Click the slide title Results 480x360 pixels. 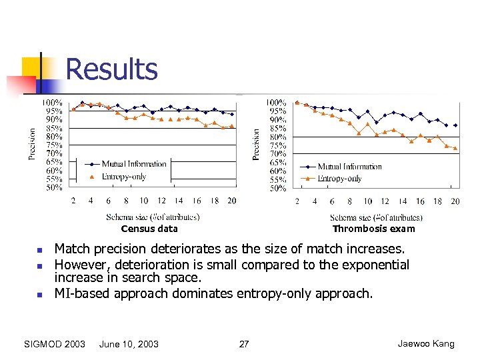[x=112, y=69]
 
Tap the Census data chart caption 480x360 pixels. [x=149, y=229]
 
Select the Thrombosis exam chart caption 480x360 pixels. [x=373, y=229]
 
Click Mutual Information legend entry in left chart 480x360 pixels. [x=133, y=164]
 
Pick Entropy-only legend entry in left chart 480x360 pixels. [x=123, y=177]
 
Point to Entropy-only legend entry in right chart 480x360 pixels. [x=339, y=179]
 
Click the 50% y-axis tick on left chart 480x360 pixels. [x=54, y=187]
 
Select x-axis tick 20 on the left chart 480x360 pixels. [x=231, y=201]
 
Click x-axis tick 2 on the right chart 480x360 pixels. [x=297, y=201]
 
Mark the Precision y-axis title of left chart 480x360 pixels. [x=32, y=144]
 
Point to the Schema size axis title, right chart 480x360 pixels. [x=376, y=217]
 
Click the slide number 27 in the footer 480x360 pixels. [x=244, y=344]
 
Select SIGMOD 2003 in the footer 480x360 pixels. [x=55, y=344]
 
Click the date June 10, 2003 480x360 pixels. [x=129, y=344]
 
